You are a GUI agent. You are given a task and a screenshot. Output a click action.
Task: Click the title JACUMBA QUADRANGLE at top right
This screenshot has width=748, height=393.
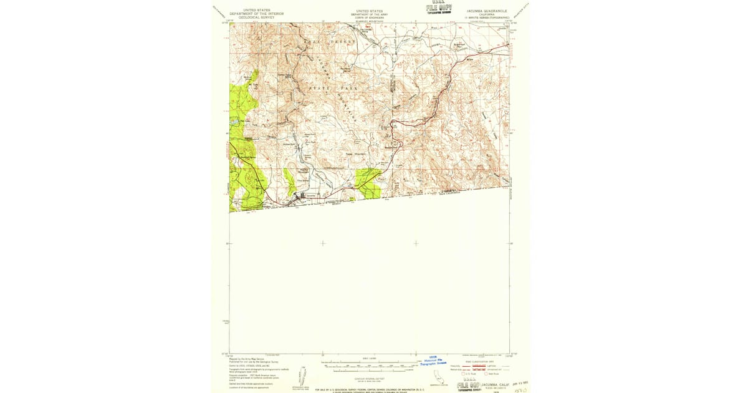(x=487, y=11)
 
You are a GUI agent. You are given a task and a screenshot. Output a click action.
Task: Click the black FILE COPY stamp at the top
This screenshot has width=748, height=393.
(x=439, y=8)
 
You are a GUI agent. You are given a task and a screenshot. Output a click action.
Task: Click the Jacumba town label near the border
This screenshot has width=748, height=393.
(x=312, y=195)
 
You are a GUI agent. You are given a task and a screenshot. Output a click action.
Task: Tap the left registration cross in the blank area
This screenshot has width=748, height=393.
(x=322, y=243)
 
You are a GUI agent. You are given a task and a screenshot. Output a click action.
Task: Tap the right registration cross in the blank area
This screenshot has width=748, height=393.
(x=416, y=243)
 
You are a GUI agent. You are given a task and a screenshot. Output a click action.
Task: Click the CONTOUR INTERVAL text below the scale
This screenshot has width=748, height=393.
(x=370, y=377)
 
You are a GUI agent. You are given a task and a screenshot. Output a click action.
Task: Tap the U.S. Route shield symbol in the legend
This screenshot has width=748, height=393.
(x=464, y=374)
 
